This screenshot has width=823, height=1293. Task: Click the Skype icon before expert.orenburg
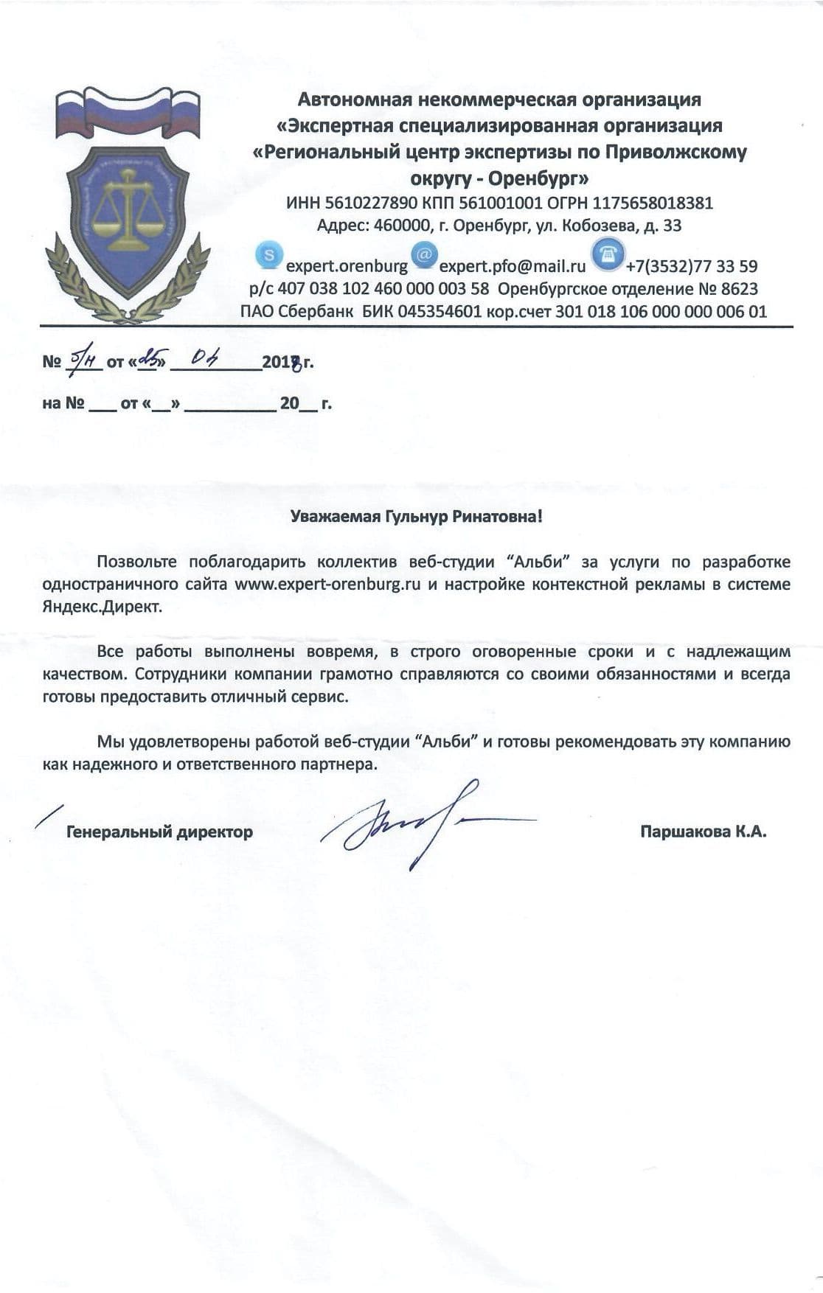[269, 255]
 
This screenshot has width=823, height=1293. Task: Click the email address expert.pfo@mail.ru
[513, 266]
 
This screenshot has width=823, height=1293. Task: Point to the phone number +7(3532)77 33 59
[691, 266]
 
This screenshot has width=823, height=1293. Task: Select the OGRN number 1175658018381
[653, 203]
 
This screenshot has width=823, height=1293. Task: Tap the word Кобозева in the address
[593, 226]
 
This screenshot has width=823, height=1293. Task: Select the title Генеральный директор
[159, 832]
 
